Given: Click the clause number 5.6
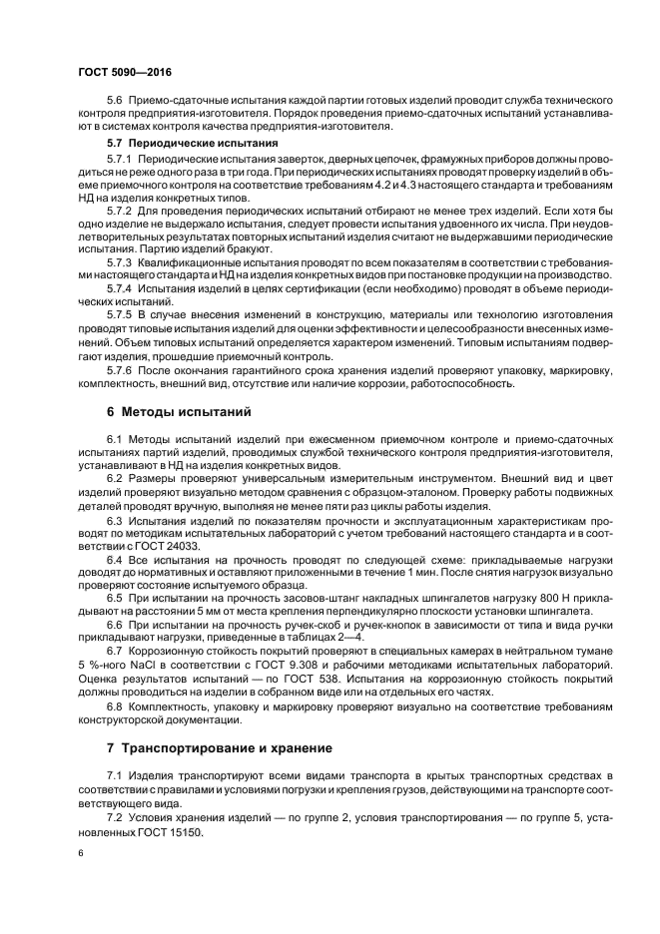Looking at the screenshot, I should click(113, 102).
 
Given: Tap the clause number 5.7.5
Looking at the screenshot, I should click(119, 314).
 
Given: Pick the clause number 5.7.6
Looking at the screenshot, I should click(119, 366).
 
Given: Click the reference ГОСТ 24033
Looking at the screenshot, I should click(167, 547).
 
